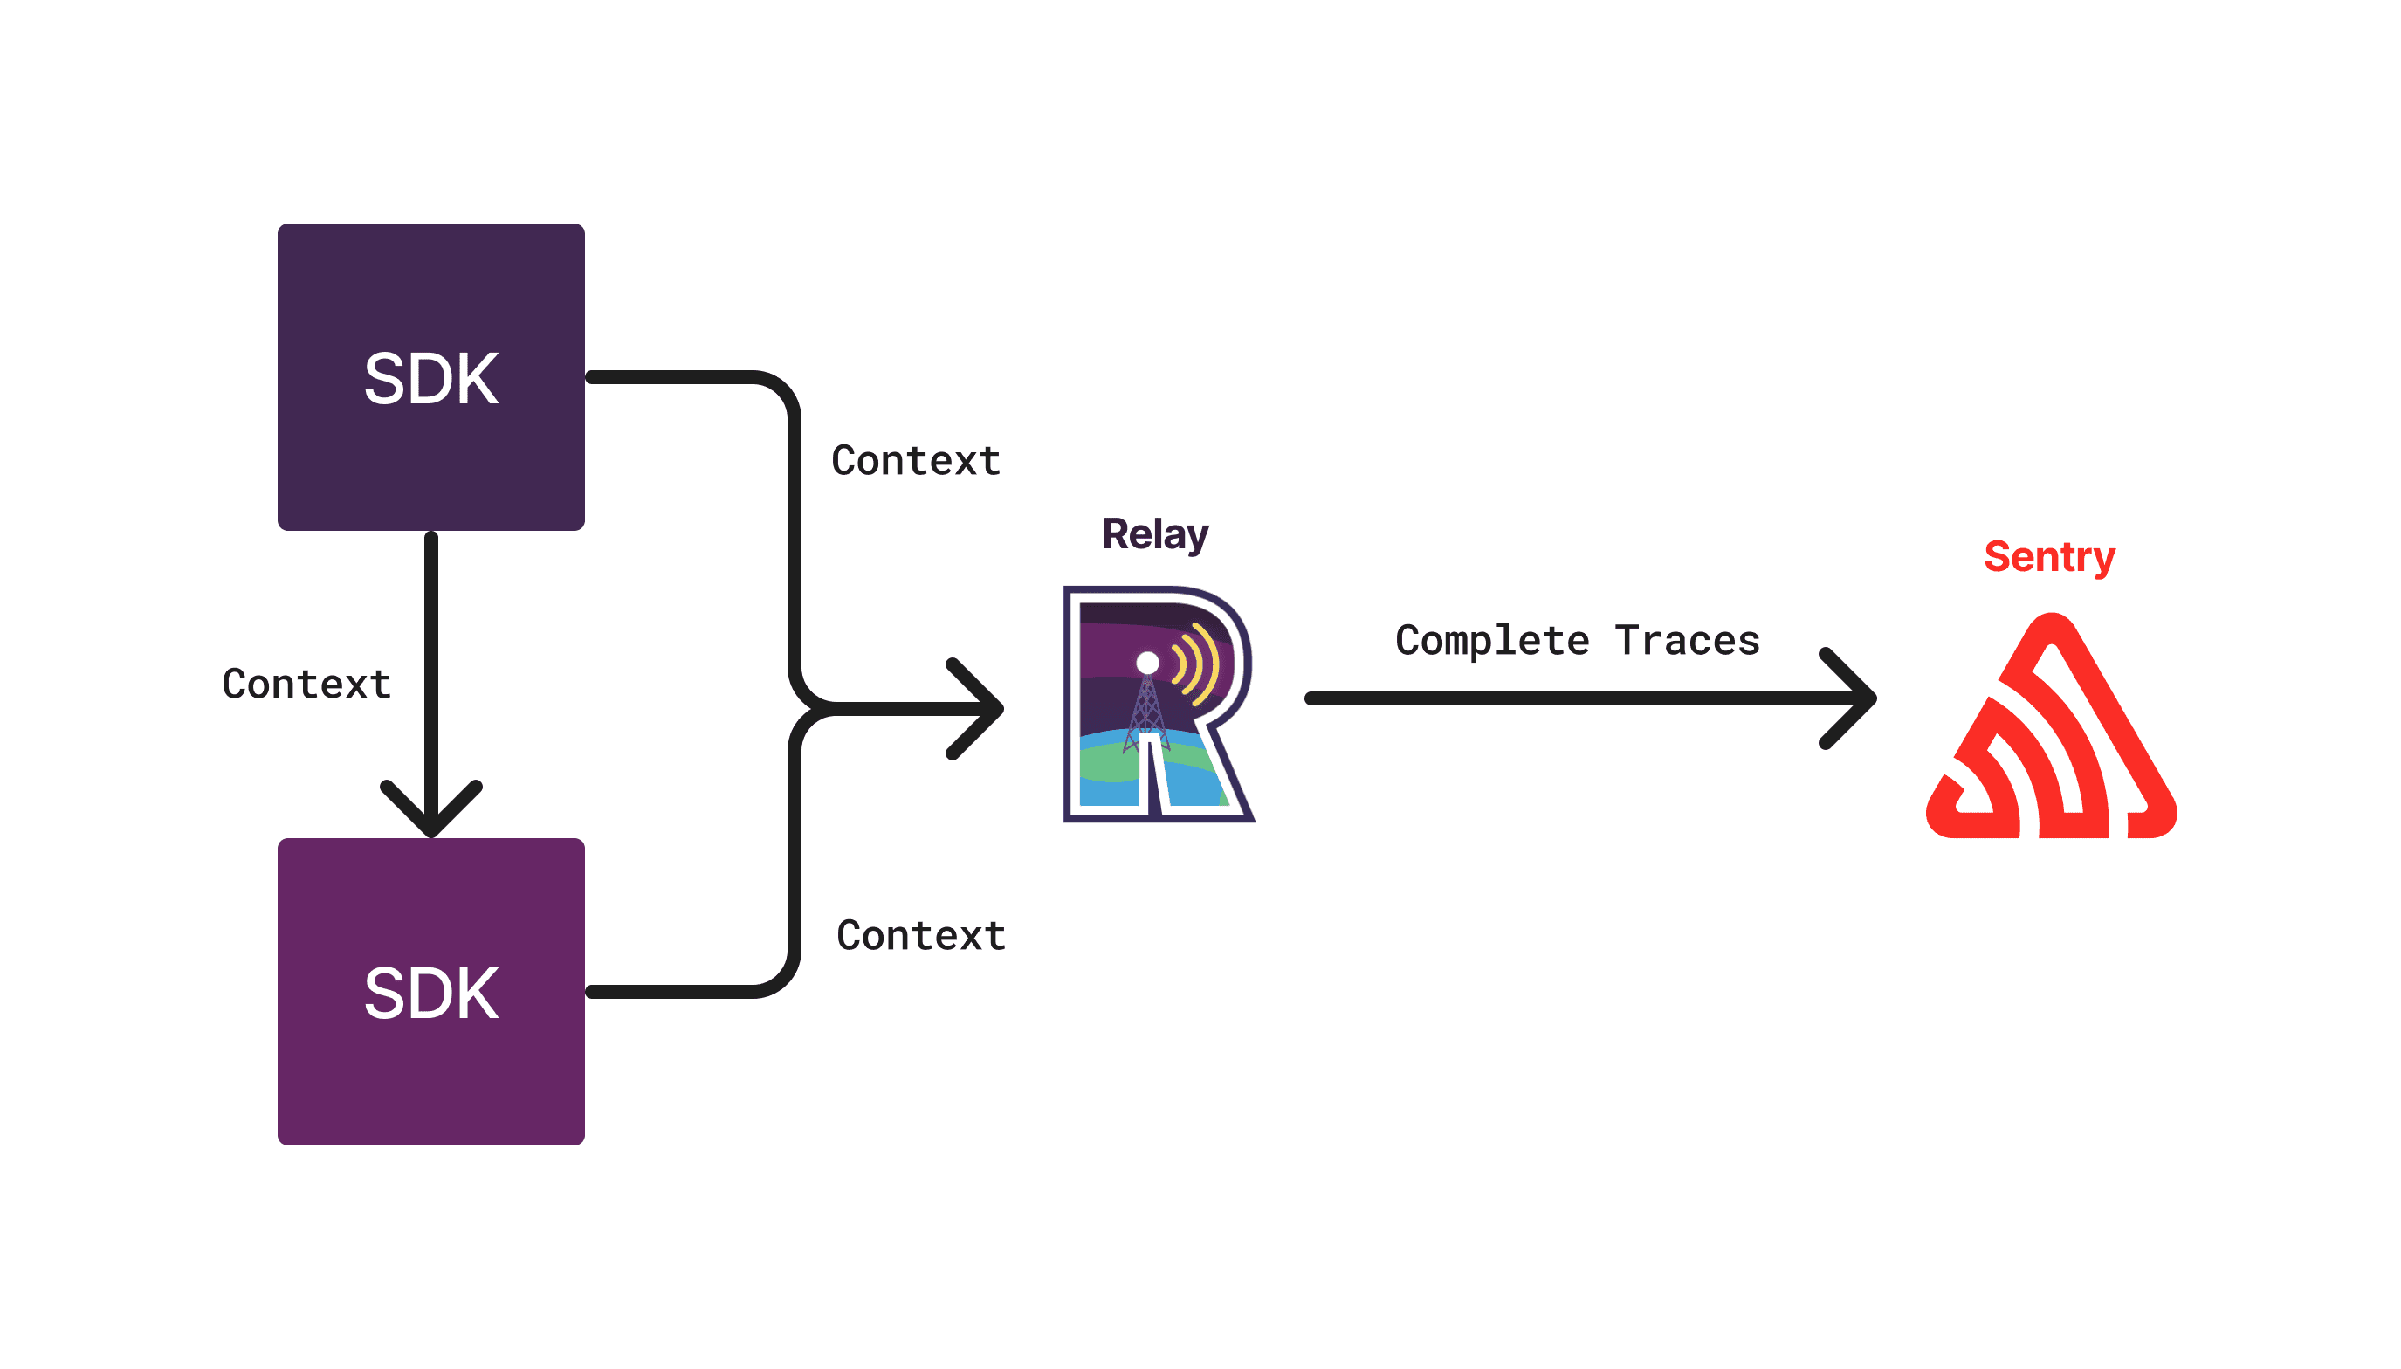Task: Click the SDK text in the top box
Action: click(430, 379)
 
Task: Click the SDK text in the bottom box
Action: click(430, 993)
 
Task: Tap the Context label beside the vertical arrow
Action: click(306, 684)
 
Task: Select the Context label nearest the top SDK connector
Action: click(916, 461)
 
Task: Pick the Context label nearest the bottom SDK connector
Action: click(920, 936)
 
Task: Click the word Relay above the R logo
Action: click(1154, 534)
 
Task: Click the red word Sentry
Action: click(2048, 557)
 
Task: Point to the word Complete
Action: click(1492, 640)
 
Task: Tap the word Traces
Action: click(1687, 640)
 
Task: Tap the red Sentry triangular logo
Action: click(2050, 743)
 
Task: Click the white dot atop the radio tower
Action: click(1147, 663)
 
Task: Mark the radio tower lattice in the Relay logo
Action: click(1147, 711)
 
